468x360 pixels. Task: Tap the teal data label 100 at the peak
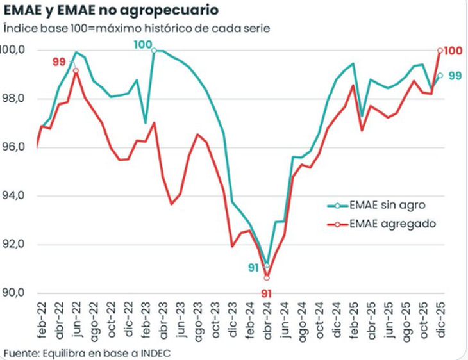[x=142, y=44]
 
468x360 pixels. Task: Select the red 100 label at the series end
[x=453, y=51]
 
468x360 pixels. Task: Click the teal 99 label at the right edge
[x=455, y=76]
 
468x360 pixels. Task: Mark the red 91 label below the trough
[x=267, y=293]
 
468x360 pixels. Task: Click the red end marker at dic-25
[x=440, y=50]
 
